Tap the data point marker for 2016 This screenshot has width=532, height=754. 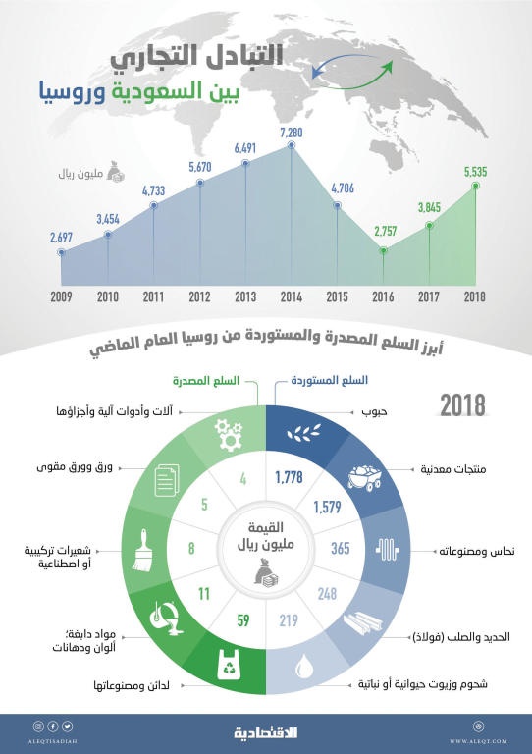pos(383,250)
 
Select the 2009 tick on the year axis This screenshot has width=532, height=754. pos(61,296)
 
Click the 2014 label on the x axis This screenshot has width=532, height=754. pos(291,296)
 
